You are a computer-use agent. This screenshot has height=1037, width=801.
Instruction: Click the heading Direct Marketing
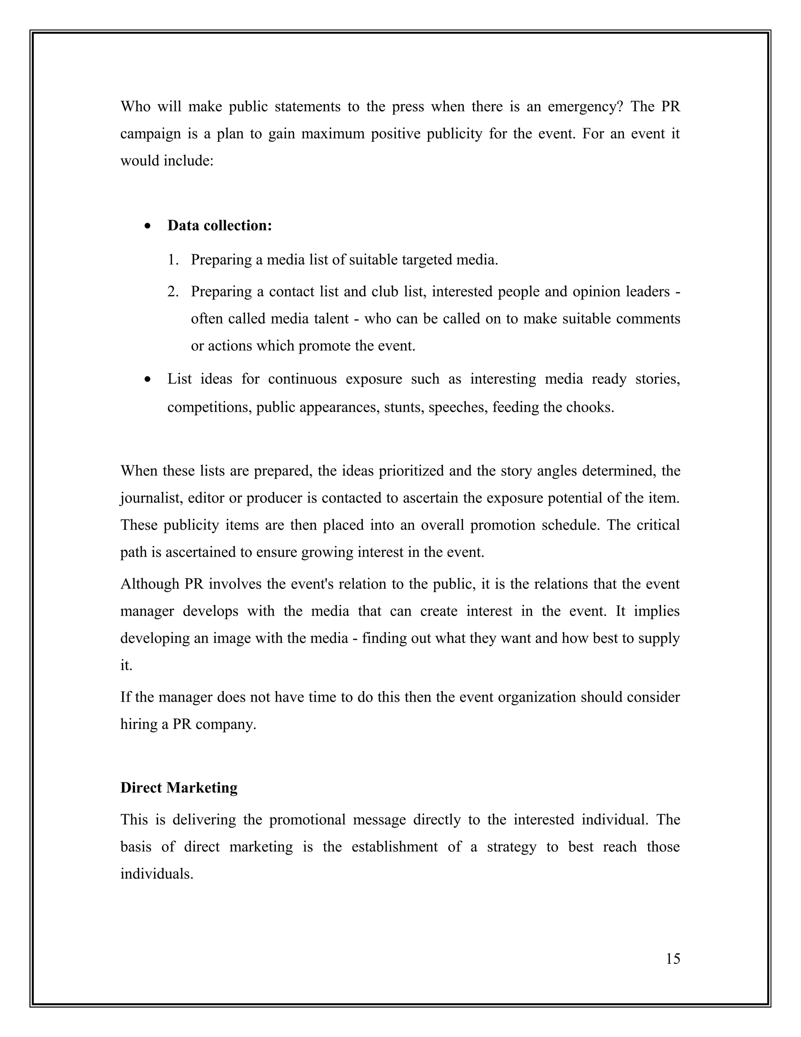click(179, 788)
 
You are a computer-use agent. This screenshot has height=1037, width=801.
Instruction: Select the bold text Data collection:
click(220, 225)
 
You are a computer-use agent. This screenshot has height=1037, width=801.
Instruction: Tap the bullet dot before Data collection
click(149, 227)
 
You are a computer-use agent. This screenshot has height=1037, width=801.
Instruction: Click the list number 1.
click(173, 260)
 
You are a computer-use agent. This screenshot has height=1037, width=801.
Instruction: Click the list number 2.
click(173, 292)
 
